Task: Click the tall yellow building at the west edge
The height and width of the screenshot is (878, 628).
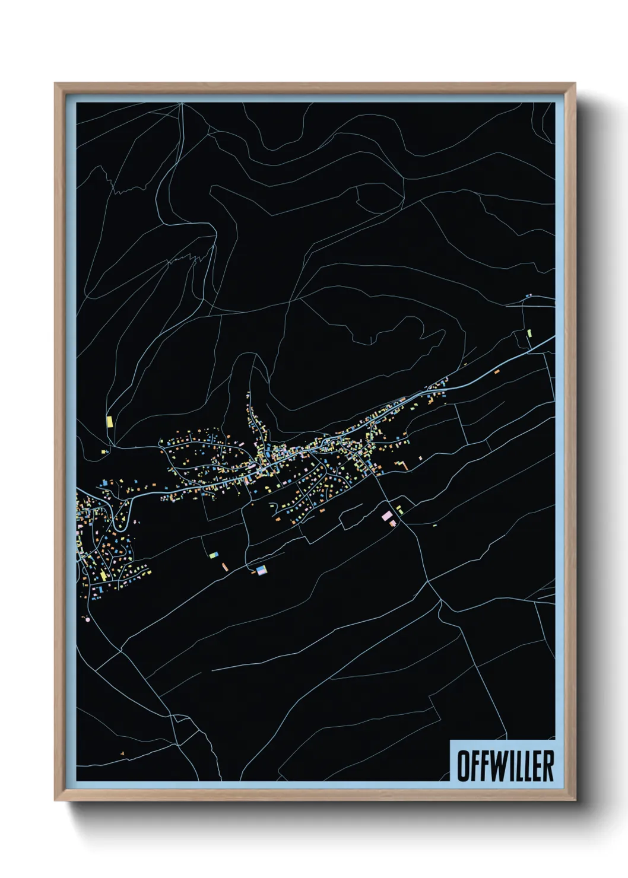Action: pos(109,422)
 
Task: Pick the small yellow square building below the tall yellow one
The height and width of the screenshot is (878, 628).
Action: pos(104,452)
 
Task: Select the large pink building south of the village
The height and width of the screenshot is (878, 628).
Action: pos(387,516)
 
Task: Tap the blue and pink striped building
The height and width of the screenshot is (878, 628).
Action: pos(261,570)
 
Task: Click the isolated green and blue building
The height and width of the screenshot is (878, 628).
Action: pos(214,555)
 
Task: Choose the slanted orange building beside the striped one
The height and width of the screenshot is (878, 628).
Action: pos(224,567)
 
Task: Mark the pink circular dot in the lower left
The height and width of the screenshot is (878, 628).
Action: pos(88,619)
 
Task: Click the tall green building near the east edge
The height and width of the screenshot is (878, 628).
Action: pos(529,333)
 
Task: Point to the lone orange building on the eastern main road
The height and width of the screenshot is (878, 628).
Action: pos(497,371)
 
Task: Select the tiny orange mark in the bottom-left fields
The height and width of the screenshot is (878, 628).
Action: pos(122,753)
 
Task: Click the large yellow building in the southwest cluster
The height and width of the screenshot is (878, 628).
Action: pos(103,575)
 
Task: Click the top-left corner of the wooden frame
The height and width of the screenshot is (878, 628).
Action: pos(56,84)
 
